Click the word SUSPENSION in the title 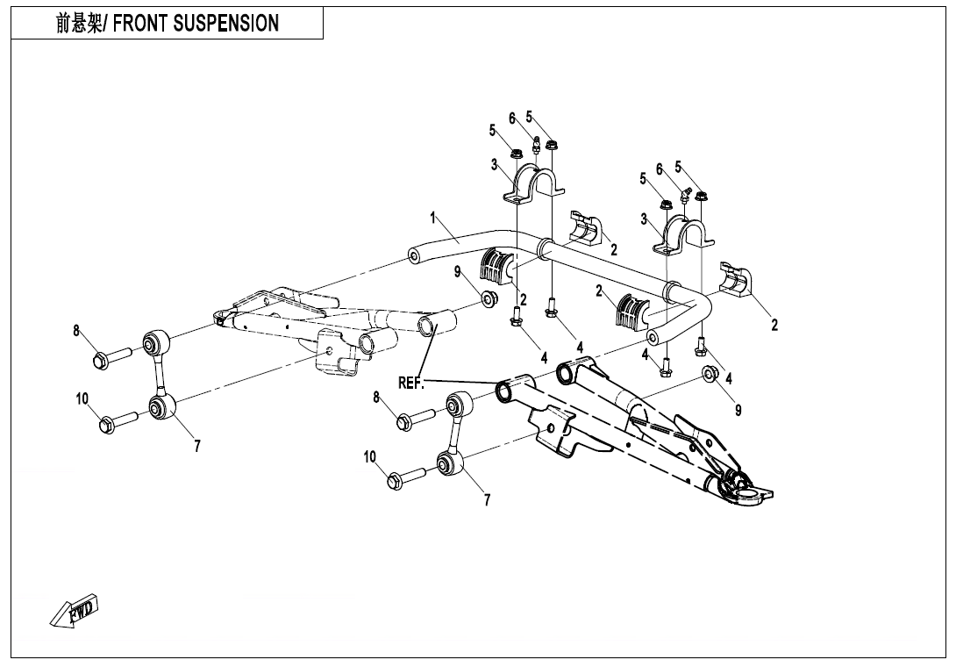point(226,24)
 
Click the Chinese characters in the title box point(81,24)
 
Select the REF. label point(411,383)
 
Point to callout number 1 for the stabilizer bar point(432,215)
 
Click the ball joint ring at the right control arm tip point(737,481)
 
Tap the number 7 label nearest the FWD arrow point(197,446)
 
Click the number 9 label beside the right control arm point(738,410)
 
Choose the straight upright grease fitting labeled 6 point(536,144)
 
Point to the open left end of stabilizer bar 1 point(413,257)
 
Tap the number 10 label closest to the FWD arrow point(82,399)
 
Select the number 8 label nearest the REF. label point(376,398)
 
